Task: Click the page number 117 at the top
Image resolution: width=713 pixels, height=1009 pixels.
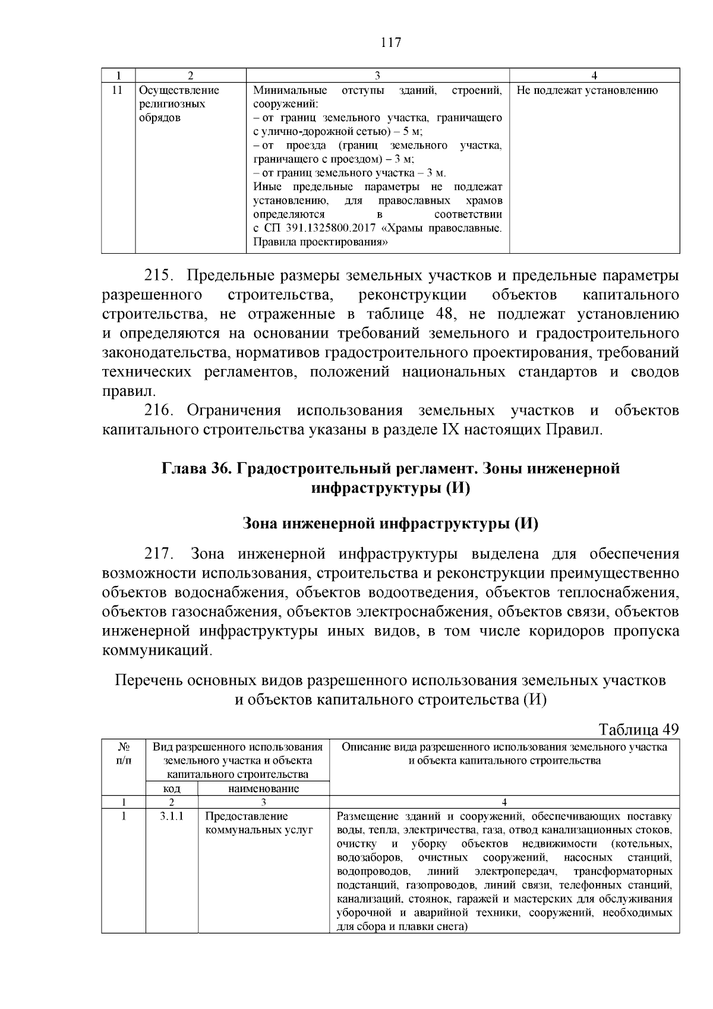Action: click(x=390, y=43)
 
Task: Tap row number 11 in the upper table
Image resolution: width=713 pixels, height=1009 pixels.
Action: click(x=117, y=90)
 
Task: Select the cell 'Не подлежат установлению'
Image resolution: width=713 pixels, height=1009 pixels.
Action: click(x=587, y=90)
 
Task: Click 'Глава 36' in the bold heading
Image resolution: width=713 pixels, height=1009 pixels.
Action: click(x=196, y=469)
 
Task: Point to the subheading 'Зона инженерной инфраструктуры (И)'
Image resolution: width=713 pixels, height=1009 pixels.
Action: click(x=390, y=524)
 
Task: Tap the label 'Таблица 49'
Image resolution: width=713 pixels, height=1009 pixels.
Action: click(x=639, y=730)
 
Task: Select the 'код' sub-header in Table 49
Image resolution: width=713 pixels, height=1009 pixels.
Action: click(x=172, y=789)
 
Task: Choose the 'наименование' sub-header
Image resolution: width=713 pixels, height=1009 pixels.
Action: click(x=263, y=789)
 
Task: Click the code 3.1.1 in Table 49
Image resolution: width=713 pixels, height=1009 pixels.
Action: click(x=172, y=816)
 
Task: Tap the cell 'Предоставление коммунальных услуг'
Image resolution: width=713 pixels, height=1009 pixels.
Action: click(x=258, y=823)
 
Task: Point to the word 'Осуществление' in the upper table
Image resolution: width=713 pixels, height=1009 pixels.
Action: click(x=179, y=90)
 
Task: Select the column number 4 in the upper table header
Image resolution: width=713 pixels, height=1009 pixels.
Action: click(x=594, y=75)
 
